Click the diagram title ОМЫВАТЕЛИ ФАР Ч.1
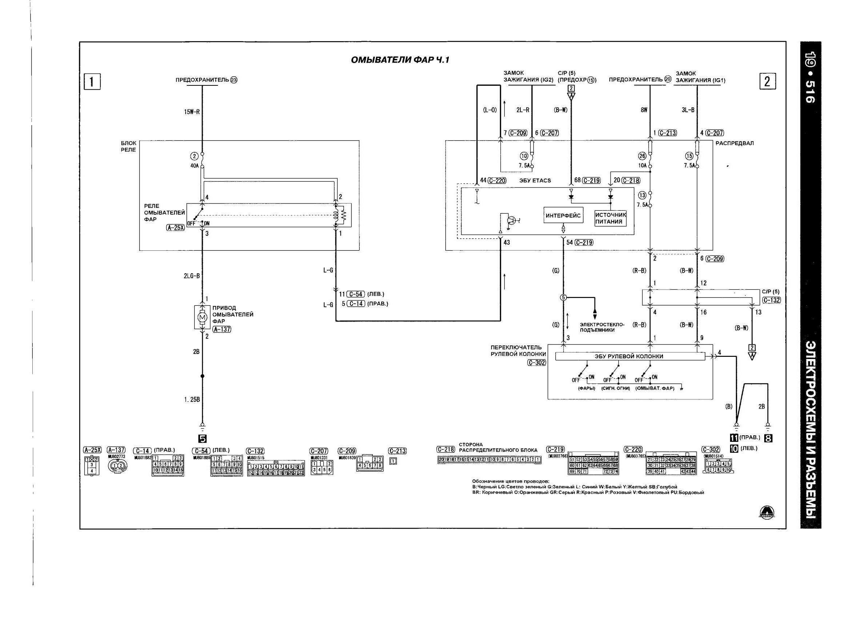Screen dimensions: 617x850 [399, 60]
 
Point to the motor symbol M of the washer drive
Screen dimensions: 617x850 [202, 317]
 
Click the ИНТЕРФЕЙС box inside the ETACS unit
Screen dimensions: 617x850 [563, 215]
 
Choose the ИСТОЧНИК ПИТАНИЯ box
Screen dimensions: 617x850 [611, 218]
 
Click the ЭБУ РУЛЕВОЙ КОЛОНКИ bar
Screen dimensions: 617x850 [629, 356]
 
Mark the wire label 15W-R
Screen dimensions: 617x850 [192, 112]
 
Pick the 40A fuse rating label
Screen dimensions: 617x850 [194, 165]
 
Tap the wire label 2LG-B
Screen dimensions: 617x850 [192, 276]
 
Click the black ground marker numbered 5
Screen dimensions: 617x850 [202, 439]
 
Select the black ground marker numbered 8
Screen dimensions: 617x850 [768, 438]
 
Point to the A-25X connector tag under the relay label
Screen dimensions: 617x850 [176, 227]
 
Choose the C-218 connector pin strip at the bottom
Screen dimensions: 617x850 [489, 460]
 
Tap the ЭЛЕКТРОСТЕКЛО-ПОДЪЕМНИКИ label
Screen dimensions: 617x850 [602, 327]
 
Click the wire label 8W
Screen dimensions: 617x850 [644, 110]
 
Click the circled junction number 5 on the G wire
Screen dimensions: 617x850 [563, 297]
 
